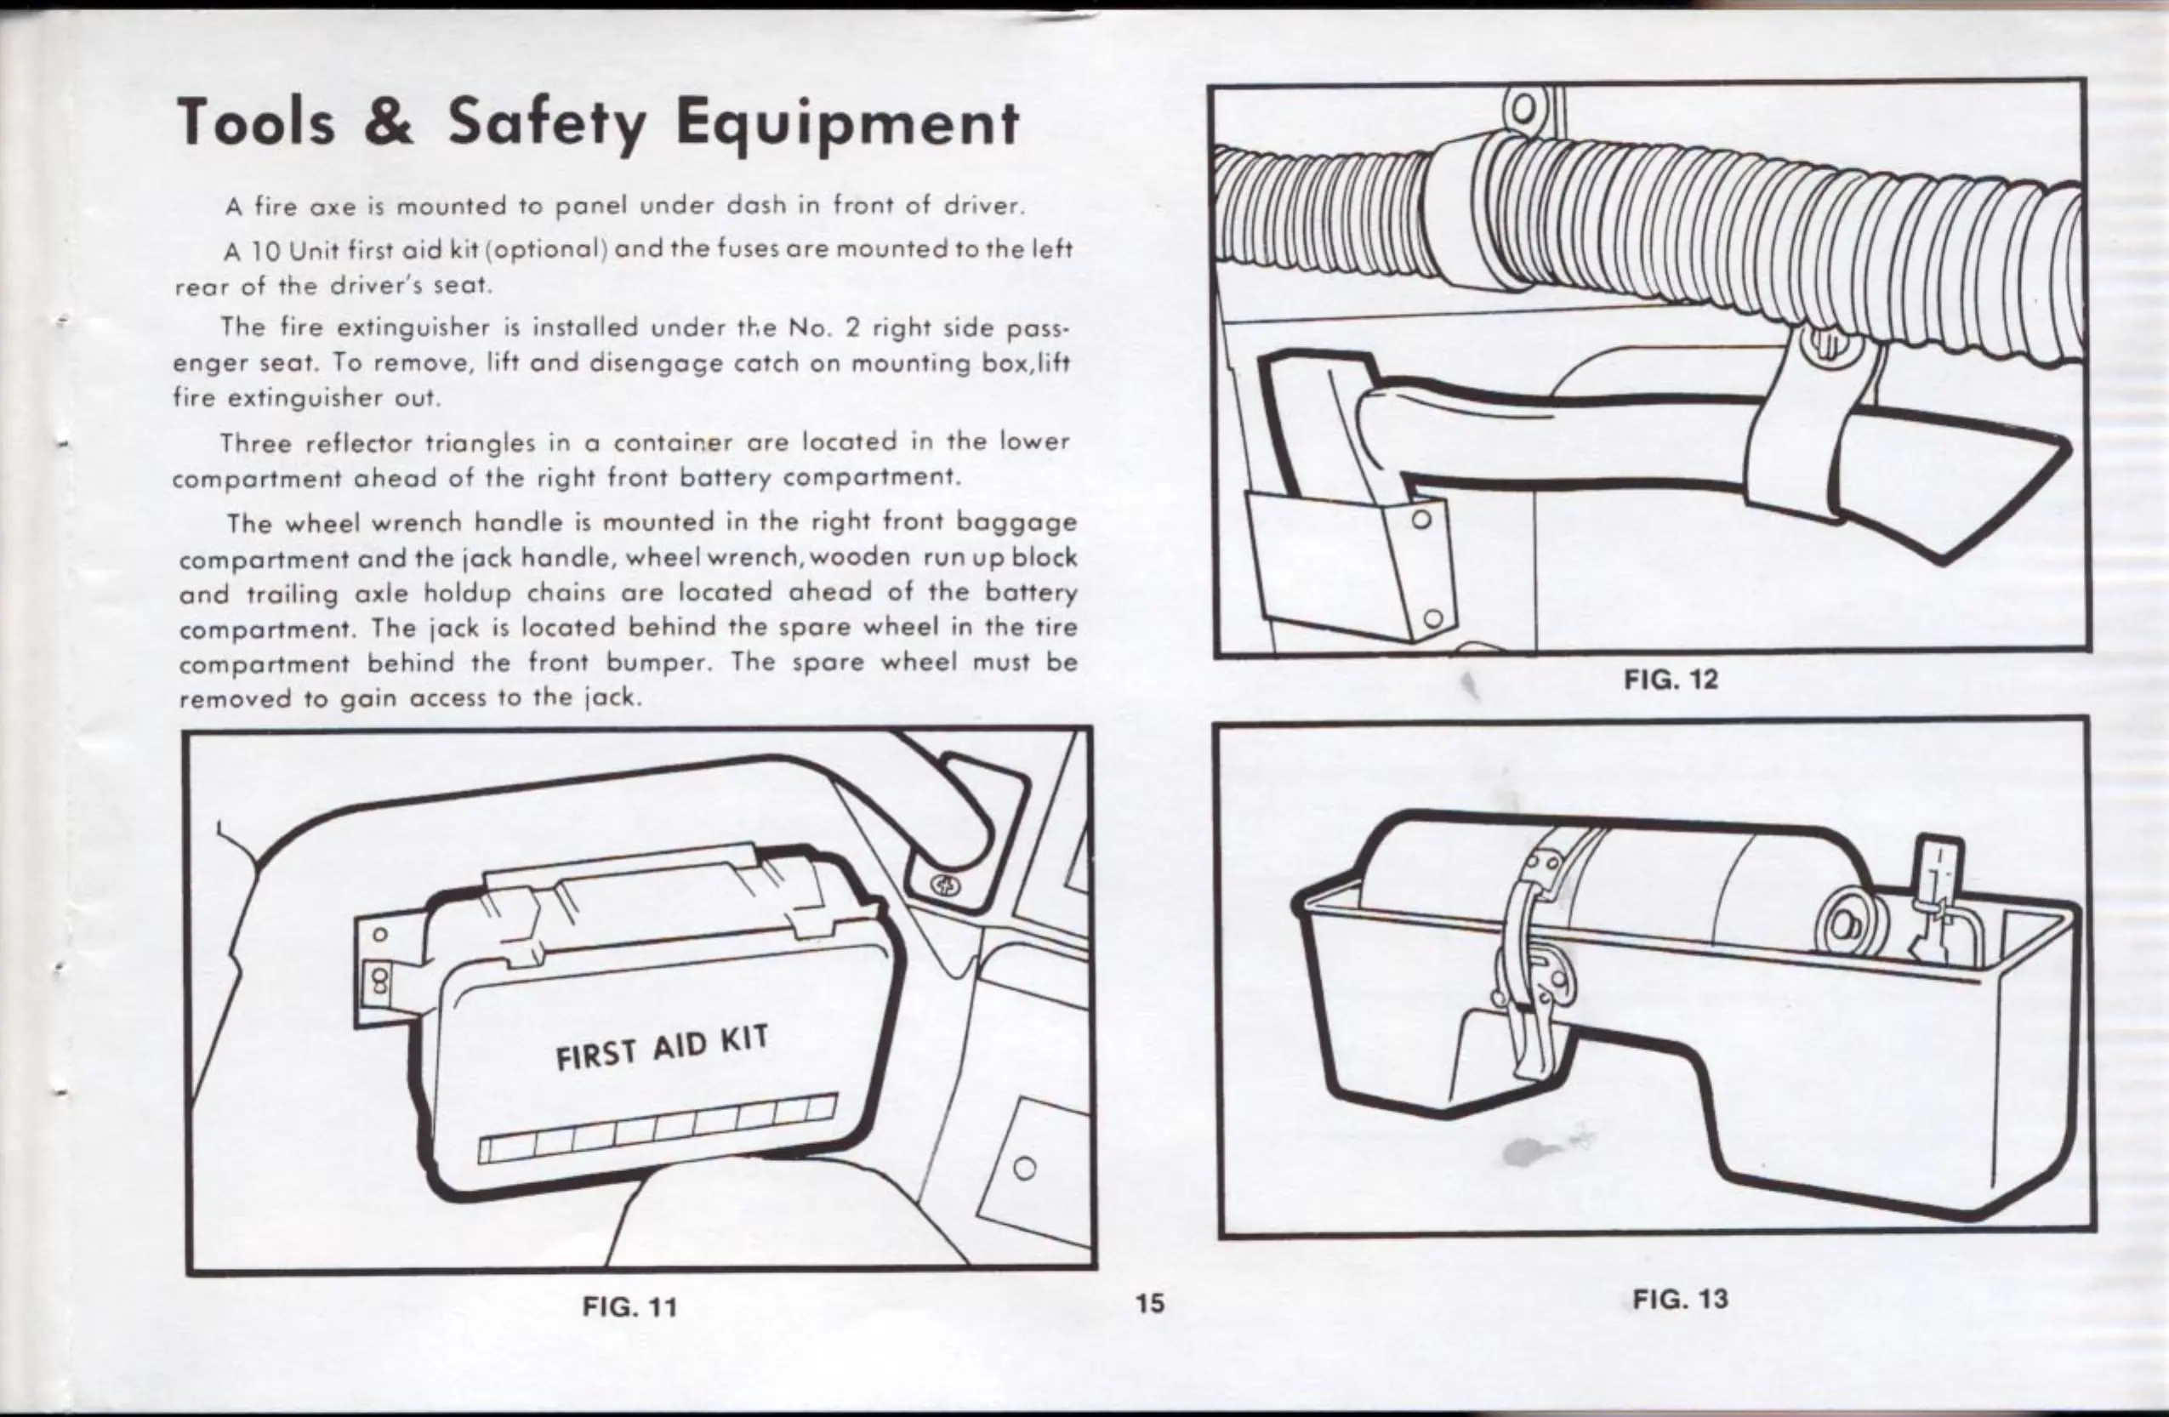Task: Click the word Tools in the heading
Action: [x=257, y=125]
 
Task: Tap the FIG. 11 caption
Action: [x=629, y=1306]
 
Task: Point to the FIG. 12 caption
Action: [x=1671, y=679]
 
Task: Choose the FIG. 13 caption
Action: [x=1680, y=1298]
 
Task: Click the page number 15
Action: [x=1150, y=1303]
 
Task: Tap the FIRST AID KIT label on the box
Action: [x=663, y=1048]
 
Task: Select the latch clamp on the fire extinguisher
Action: [x=1531, y=984]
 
